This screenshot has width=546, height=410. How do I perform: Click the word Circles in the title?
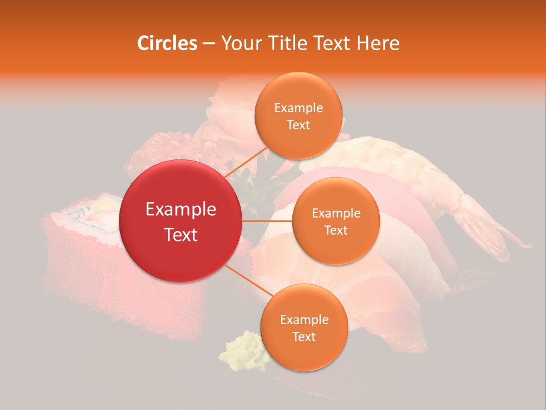pyautogui.click(x=167, y=43)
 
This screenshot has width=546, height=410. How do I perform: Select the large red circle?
pyautogui.click(x=180, y=221)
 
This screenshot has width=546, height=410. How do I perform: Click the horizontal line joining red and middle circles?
pyautogui.click(x=267, y=221)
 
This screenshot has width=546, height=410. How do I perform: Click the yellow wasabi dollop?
pyautogui.click(x=242, y=350)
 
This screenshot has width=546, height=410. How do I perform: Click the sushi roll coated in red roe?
pyautogui.click(x=80, y=268)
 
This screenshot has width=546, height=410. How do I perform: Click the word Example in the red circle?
pyautogui.click(x=180, y=210)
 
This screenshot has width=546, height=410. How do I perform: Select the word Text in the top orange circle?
pyautogui.click(x=298, y=125)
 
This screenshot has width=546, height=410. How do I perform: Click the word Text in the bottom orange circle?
pyautogui.click(x=304, y=337)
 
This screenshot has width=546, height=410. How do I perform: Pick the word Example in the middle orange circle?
pyautogui.click(x=336, y=214)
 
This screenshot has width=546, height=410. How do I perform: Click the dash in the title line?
pyautogui.click(x=208, y=44)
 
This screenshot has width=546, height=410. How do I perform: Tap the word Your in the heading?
pyautogui.click(x=239, y=43)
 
